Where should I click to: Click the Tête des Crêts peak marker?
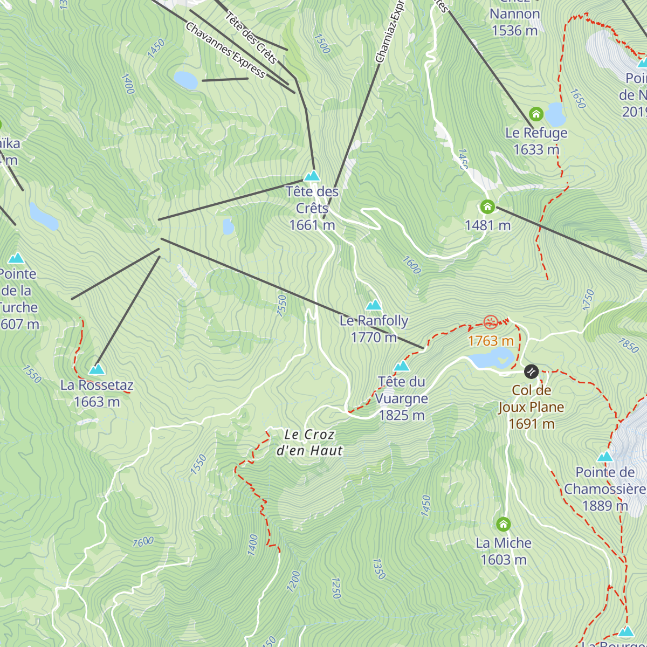[312, 176]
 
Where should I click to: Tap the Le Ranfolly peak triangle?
[374, 306]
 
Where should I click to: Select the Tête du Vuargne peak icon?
[402, 367]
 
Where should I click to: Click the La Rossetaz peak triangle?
[97, 370]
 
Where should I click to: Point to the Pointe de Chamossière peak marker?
[605, 457]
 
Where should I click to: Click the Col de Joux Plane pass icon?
[531, 371]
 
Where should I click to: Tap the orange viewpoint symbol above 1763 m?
[490, 322]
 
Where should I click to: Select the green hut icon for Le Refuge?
[535, 114]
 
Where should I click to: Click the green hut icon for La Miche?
[503, 524]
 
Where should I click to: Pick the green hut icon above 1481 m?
[487, 207]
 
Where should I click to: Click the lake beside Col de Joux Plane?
[491, 359]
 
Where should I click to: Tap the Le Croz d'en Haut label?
[309, 443]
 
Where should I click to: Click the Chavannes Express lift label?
[225, 50]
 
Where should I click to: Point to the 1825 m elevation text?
[402, 416]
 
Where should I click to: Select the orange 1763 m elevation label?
[491, 341]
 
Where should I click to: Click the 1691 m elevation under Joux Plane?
[532, 424]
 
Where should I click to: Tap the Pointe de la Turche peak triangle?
[16, 258]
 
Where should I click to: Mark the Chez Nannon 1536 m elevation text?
[514, 31]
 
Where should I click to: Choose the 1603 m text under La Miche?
[504, 560]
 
